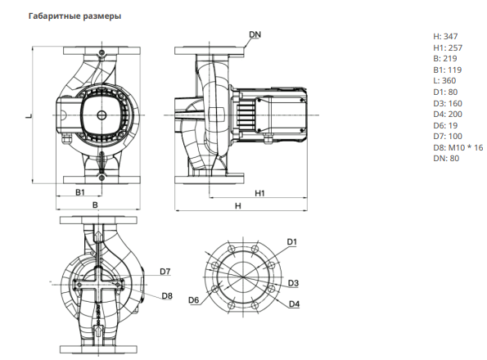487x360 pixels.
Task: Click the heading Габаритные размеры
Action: coord(74,16)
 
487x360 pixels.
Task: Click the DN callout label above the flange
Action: coord(255,34)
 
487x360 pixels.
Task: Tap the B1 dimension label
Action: coord(80,192)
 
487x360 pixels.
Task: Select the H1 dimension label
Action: coord(259,193)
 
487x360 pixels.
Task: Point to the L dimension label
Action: coord(29,116)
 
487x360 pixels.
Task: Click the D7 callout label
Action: coord(165,272)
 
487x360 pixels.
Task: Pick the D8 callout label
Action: coord(167,295)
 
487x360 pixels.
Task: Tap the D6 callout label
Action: coord(193,299)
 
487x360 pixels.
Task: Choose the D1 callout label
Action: coord(292,241)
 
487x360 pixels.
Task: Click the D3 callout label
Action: coord(293,283)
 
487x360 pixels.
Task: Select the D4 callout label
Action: coord(294,304)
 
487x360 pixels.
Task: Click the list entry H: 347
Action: coord(445,37)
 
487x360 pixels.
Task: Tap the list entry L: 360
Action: coord(444,81)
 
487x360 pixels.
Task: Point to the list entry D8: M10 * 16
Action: coord(458,147)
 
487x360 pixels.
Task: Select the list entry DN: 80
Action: coord(446,158)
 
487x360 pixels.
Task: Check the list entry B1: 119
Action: coord(447,70)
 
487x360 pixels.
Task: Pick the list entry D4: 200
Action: coord(448,115)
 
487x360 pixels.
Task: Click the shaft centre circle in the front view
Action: coord(101,115)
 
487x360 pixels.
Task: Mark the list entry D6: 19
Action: coord(445,125)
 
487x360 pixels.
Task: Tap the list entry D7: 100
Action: coord(448,137)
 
